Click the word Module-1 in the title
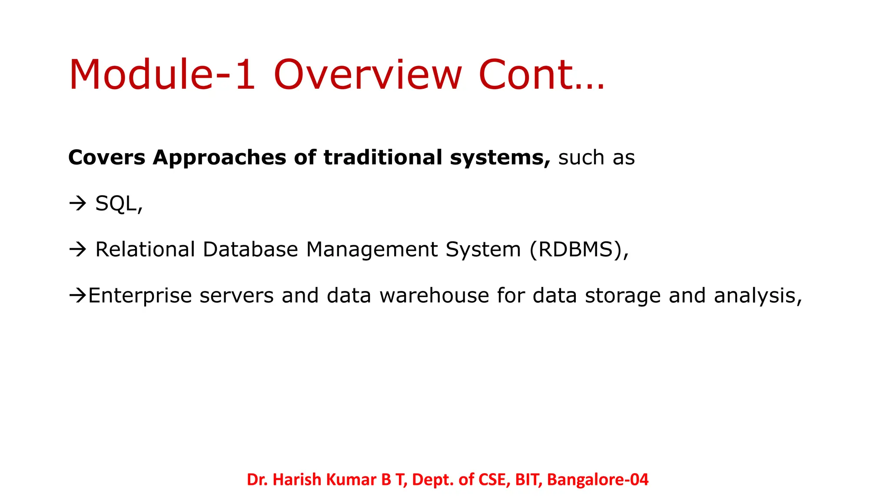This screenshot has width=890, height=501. coord(162,75)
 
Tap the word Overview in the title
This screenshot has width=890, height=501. coord(368,75)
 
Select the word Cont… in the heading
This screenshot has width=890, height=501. coord(541,75)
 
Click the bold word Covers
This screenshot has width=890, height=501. coord(106,157)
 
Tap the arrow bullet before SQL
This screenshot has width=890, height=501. coord(78,204)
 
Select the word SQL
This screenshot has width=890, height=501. coord(118,204)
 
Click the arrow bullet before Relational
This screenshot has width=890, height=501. coord(78,250)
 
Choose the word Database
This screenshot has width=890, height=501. coord(250,250)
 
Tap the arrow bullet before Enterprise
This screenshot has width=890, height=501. coord(78,296)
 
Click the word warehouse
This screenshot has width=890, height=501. coord(434,296)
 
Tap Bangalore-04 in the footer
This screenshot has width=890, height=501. coord(598,480)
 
